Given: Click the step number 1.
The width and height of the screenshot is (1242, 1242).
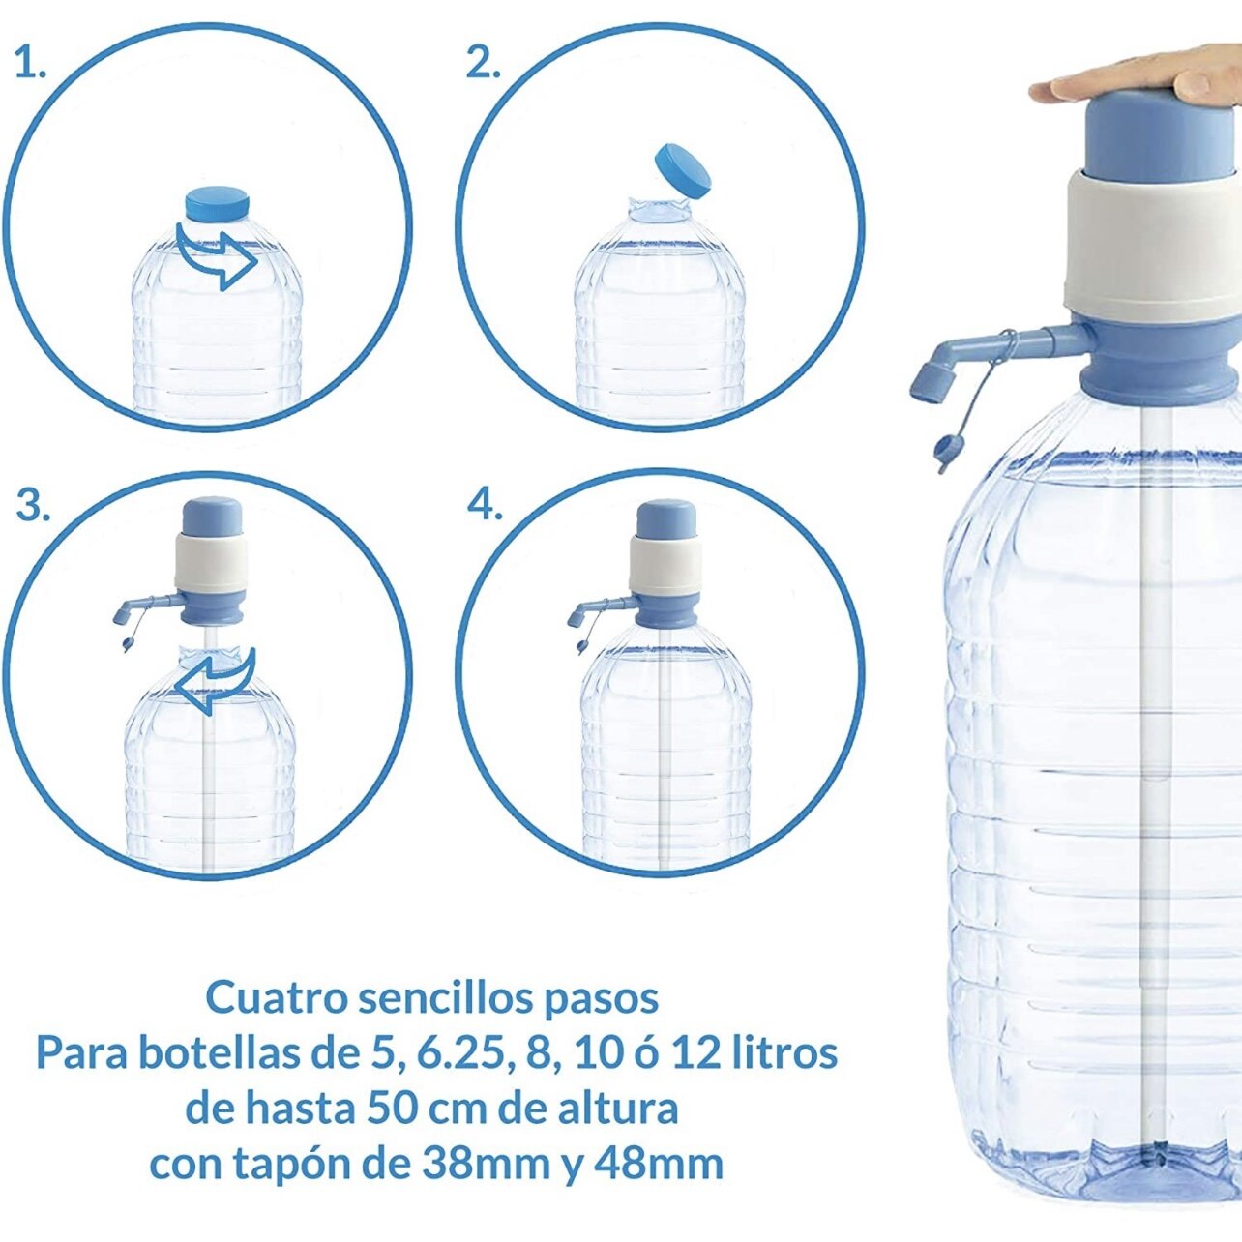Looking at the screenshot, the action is tap(30, 64).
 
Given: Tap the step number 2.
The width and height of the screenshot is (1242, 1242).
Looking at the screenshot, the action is tap(484, 64).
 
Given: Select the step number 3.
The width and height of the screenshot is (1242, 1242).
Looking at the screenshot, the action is tap(32, 507).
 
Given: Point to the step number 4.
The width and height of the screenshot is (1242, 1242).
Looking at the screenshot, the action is tap(485, 507).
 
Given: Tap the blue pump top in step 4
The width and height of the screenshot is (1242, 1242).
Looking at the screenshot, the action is tap(667, 519).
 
